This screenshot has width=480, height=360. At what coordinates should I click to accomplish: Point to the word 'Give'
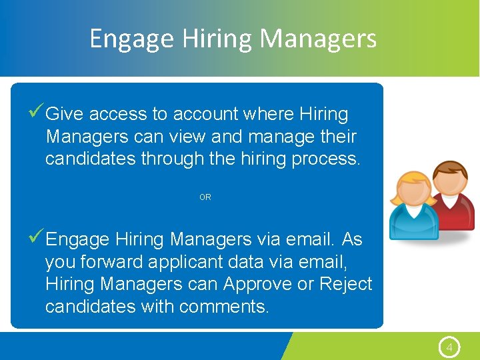pyautogui.click(x=65, y=115)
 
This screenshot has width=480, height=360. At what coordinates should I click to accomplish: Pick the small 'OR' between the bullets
pyautogui.click(x=205, y=197)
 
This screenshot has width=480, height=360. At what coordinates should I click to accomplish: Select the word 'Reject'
pyautogui.click(x=345, y=284)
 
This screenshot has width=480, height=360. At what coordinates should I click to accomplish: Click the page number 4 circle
pyautogui.click(x=449, y=347)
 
